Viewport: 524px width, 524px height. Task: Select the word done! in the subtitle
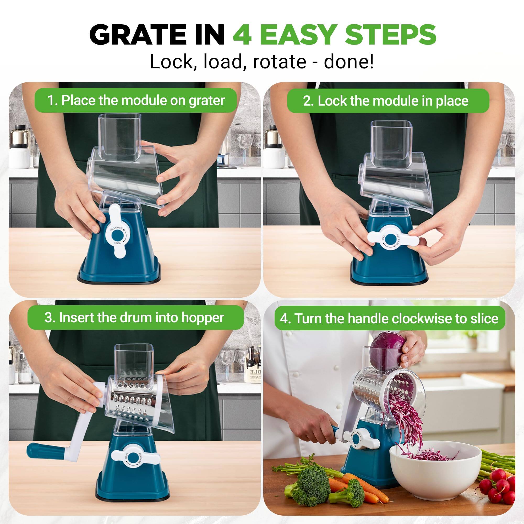(x=348, y=62)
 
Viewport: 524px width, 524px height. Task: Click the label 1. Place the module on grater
(x=136, y=100)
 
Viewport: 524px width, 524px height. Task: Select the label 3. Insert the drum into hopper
(x=134, y=317)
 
